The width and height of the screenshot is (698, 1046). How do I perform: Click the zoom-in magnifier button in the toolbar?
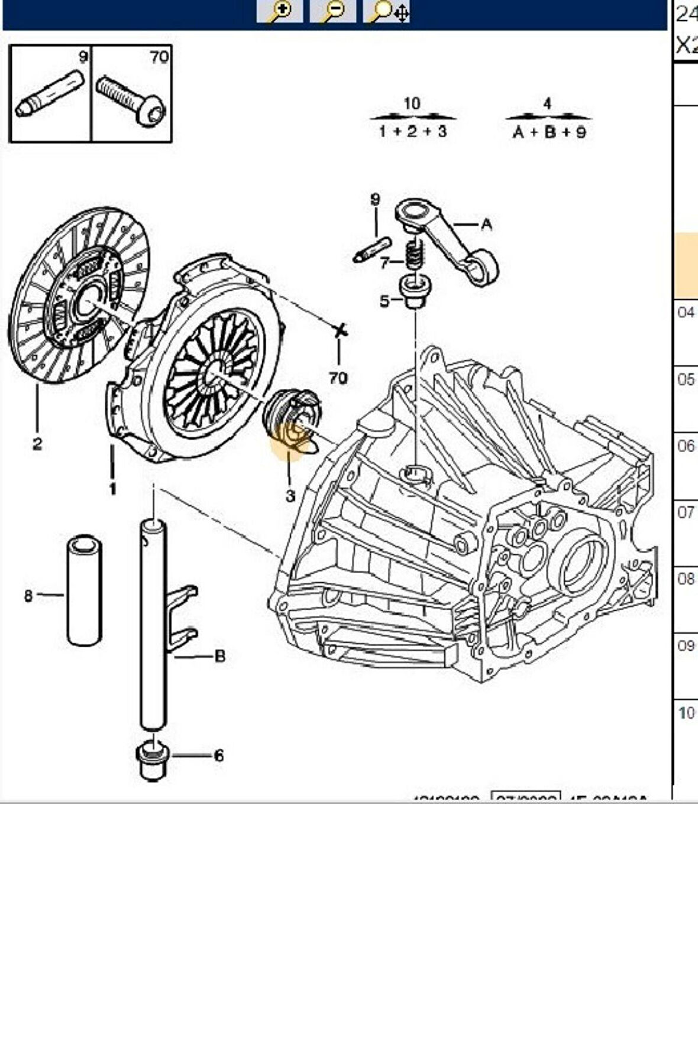[x=280, y=11]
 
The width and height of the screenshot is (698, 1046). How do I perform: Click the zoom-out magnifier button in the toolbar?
[x=333, y=11]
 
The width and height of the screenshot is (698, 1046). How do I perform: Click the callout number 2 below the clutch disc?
[x=37, y=443]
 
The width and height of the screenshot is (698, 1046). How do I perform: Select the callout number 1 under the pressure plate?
[x=112, y=489]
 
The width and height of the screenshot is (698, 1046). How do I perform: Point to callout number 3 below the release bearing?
[x=290, y=496]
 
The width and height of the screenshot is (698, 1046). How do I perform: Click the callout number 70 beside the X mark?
[x=338, y=378]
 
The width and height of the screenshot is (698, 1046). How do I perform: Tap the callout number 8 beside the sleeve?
[x=28, y=596]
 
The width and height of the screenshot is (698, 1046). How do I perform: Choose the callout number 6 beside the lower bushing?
[x=219, y=755]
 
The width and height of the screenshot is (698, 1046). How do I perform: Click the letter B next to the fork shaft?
[x=220, y=656]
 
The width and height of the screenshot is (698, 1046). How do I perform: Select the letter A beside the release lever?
[x=486, y=224]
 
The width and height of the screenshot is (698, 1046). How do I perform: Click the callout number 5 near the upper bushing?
[x=384, y=301]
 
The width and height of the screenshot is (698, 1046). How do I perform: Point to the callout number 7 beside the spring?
[x=384, y=262]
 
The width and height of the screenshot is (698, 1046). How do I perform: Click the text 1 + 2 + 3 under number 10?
[x=413, y=131]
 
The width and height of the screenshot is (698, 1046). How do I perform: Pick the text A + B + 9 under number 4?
[x=549, y=131]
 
